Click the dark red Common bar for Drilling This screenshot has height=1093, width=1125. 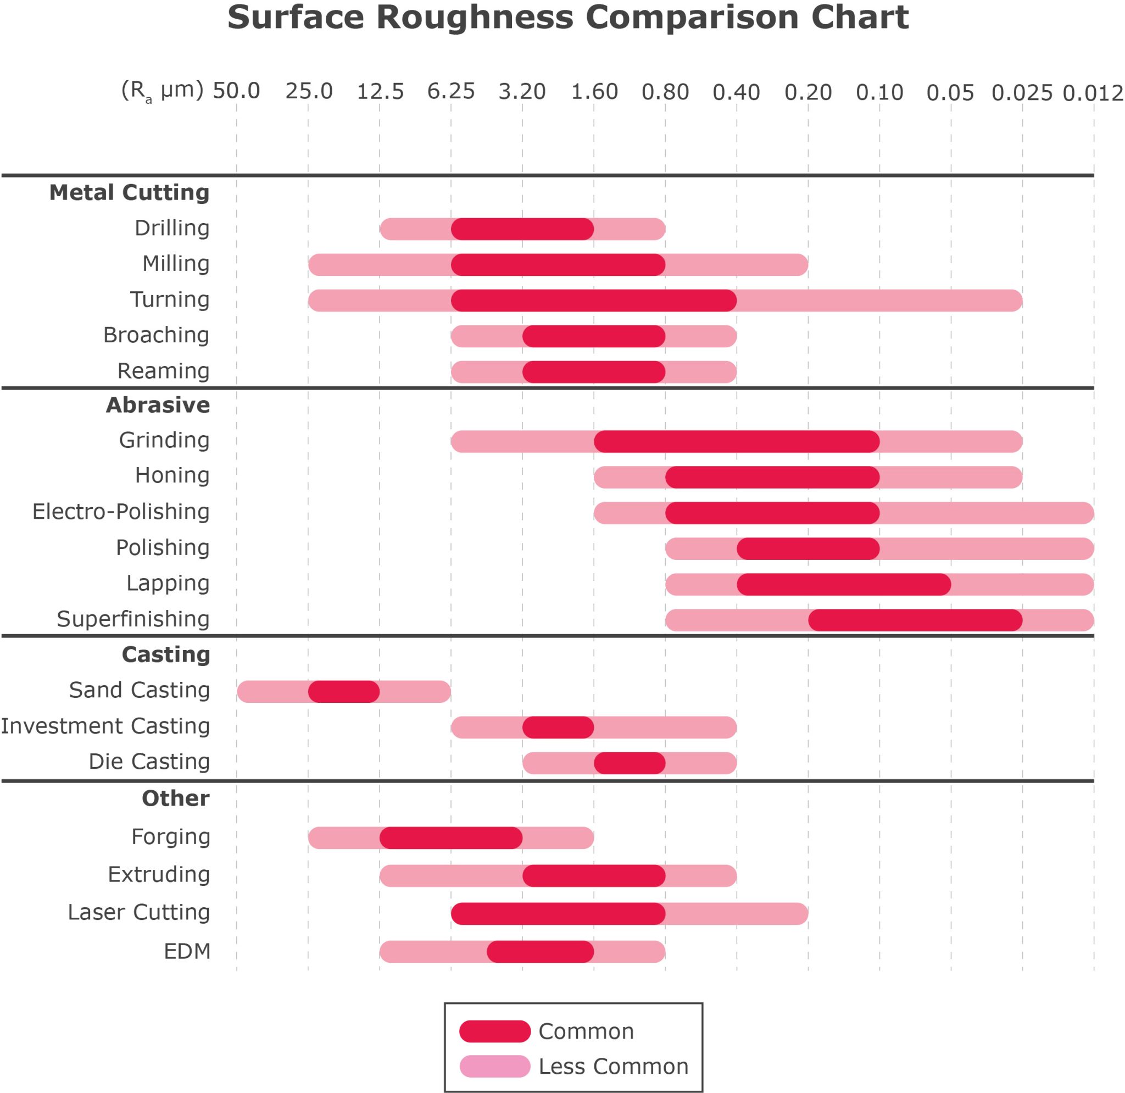[522, 229]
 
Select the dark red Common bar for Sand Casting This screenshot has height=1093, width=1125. [343, 691]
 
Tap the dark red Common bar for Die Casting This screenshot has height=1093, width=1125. [629, 763]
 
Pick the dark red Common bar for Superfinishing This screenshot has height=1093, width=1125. [915, 620]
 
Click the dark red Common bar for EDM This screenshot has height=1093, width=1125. [539, 951]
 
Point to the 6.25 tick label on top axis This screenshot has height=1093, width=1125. [450, 91]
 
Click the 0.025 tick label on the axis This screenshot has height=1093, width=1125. [1022, 92]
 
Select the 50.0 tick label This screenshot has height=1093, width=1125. [236, 91]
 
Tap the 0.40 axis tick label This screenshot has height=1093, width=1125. [736, 92]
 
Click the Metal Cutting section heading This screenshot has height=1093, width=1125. [129, 192]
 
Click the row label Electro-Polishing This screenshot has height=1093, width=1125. [120, 512]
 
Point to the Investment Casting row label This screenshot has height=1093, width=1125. [105, 726]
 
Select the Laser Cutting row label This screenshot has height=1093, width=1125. [139, 912]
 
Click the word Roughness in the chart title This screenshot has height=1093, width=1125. [474, 17]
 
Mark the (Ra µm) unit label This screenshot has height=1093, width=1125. [162, 91]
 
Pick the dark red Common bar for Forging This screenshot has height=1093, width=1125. [450, 837]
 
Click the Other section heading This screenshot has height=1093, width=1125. [175, 798]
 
